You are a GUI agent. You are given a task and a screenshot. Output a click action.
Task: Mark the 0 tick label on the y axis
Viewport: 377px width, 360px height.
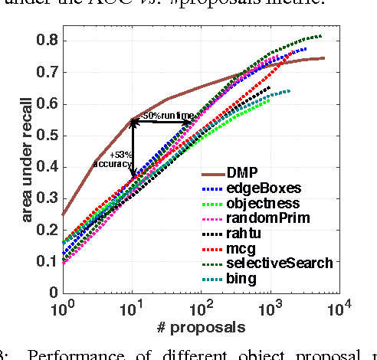[54, 293]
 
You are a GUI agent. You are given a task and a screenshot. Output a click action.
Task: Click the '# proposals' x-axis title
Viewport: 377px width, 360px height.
[200, 327]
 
